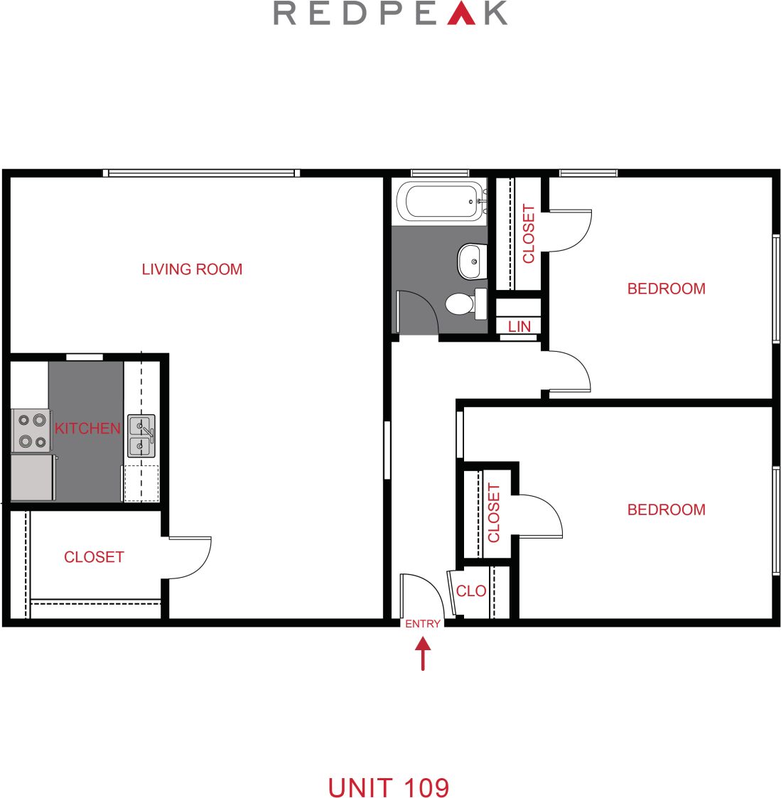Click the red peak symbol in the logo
[461, 14]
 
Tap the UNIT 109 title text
[389, 787]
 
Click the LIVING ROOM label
[192, 269]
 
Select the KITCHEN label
[87, 428]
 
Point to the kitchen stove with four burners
[32, 431]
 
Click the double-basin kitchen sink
[141, 436]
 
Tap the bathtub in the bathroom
[441, 201]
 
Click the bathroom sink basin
[470, 261]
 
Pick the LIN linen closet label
[519, 326]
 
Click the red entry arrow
[423, 653]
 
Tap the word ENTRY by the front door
[423, 624]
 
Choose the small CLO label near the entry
[471, 591]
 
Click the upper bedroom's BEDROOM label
[666, 289]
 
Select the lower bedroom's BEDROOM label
[666, 509]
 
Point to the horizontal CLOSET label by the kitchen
[94, 557]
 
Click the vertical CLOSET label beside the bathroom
[529, 234]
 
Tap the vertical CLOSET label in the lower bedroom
[494, 512]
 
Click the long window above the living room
[202, 173]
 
